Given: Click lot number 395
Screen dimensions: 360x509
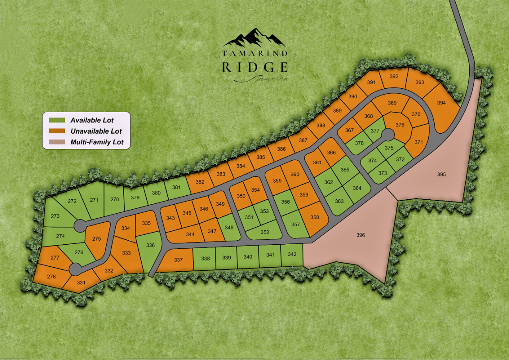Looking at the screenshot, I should tap(441, 174).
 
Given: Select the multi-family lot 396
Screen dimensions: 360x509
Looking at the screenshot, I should tap(360, 235).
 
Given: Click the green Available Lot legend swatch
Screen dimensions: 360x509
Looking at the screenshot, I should tap(57, 120).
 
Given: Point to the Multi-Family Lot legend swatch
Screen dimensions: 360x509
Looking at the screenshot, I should tap(57, 142).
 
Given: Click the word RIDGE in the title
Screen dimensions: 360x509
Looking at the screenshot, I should tap(254, 67).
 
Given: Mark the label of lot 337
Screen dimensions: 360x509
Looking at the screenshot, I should tap(178, 260).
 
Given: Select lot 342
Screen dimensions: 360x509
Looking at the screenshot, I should tap(292, 255).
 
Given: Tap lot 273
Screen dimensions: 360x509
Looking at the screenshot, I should tap(55, 216).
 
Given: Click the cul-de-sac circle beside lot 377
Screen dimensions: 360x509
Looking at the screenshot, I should tap(387, 136).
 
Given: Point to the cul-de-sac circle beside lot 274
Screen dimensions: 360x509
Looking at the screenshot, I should tap(80, 226).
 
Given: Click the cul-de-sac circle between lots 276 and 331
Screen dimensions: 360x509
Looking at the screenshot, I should tap(75, 269).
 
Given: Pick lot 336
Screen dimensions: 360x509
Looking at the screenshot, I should tap(150, 245).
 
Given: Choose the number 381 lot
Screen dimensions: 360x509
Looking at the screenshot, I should tap(177, 188).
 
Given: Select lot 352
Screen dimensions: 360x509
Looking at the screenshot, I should tap(265, 232).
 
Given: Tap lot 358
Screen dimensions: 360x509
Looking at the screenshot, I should tap(315, 218).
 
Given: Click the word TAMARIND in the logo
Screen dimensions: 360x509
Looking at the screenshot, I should tap(254, 53).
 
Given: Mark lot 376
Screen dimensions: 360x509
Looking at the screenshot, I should tap(400, 125).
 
